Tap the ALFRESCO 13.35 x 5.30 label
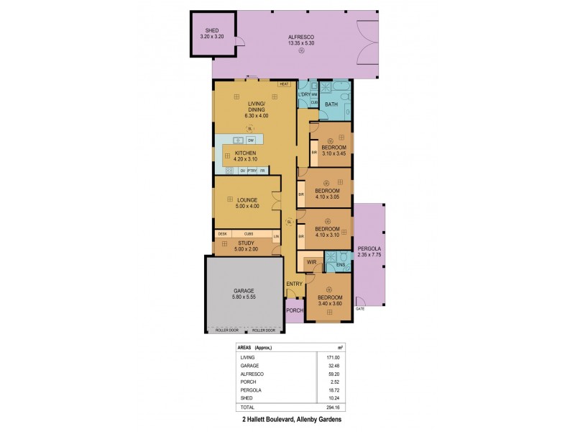301,40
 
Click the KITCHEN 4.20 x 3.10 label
240,156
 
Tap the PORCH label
295,311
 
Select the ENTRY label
295,284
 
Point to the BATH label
331,105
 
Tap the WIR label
311,263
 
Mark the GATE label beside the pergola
359,308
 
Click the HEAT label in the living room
284,84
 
